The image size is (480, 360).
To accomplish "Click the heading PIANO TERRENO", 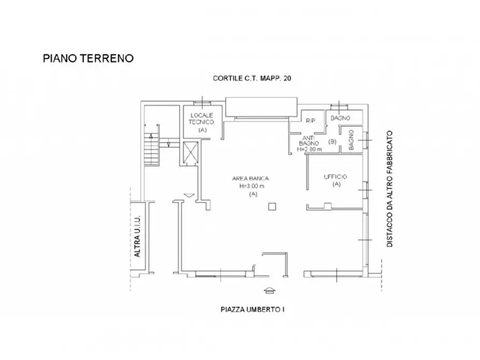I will pyautogui.click(x=88, y=58).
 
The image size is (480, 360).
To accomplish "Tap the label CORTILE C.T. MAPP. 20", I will pyautogui.click(x=252, y=78).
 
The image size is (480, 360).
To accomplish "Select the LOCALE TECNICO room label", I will pyautogui.click(x=202, y=119).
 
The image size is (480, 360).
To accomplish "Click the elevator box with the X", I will pyautogui.click(x=191, y=152).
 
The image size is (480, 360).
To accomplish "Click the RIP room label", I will pyautogui.click(x=311, y=121).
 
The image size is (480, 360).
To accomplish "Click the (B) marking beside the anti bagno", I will pyautogui.click(x=332, y=142).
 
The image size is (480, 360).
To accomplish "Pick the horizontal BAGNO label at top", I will pyautogui.click(x=340, y=118).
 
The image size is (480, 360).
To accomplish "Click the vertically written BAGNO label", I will pyautogui.click(x=351, y=141).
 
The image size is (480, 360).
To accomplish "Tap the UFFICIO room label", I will pyautogui.click(x=336, y=177).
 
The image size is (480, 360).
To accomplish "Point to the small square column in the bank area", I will pyautogui.click(x=273, y=206).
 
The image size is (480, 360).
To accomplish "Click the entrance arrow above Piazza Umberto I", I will pyautogui.click(x=269, y=291).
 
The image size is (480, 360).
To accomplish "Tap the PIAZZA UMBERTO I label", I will pyautogui.click(x=252, y=309).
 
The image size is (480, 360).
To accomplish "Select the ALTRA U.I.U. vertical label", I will pyautogui.click(x=138, y=235).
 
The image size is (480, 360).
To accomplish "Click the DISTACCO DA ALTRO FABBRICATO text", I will pyautogui.click(x=390, y=189).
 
